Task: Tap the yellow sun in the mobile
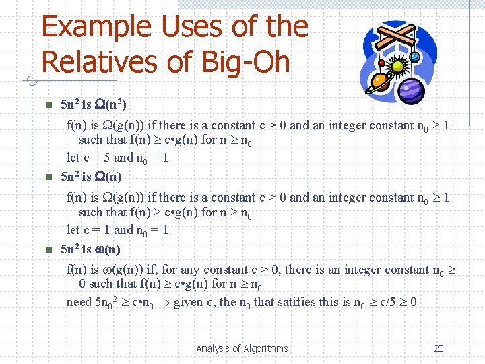(397, 67)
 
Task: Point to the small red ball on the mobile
(381, 63)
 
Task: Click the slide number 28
(439, 348)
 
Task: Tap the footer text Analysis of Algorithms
(242, 348)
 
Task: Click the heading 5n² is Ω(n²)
(94, 105)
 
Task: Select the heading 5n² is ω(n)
(90, 249)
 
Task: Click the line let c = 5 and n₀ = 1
(118, 158)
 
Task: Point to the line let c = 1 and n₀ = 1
(118, 230)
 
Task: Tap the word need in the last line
(78, 302)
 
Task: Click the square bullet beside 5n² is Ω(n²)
(47, 106)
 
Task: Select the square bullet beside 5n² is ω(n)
(47, 250)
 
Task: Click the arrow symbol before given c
(164, 302)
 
